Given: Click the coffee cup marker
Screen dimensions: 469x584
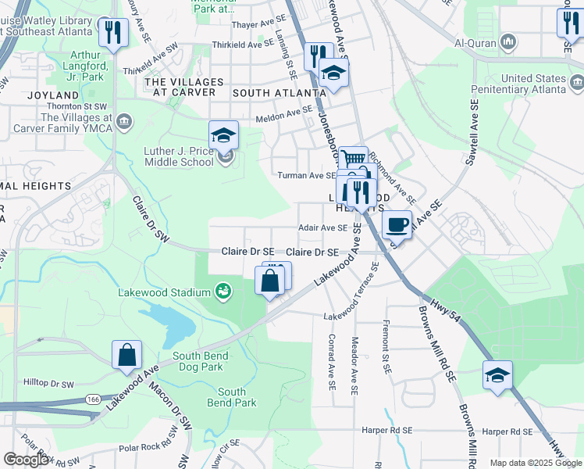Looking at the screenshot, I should pos(397,224).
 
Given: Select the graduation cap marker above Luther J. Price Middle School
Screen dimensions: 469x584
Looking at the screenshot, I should pos(224,134).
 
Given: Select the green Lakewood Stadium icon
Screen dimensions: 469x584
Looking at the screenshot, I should pos(224,291).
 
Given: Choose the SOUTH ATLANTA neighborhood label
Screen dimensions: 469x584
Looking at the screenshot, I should pos(278,92).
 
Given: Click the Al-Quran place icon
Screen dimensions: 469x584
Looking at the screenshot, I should pos(508,40).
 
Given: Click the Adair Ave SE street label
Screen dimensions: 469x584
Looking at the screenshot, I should pos(323,228).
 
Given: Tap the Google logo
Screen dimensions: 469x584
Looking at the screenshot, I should pos(27,460).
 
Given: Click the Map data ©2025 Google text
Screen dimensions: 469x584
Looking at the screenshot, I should pos(535,463).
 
